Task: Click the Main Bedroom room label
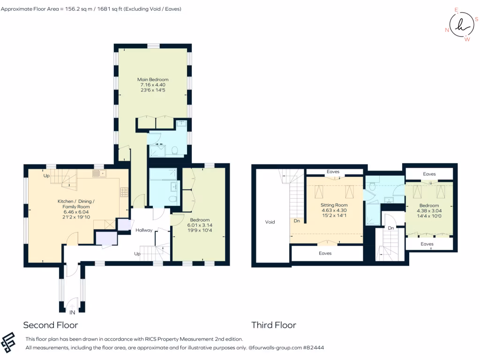click(x=153, y=79)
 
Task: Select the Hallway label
click(x=144, y=230)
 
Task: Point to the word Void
click(x=270, y=222)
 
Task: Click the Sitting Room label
click(x=334, y=205)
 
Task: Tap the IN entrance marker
click(x=72, y=312)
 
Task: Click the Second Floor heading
click(x=51, y=325)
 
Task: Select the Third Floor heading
click(x=274, y=325)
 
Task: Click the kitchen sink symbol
click(x=99, y=174)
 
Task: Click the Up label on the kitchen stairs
click(x=46, y=176)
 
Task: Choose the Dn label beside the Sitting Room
click(x=297, y=220)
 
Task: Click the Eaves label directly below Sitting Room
click(x=325, y=253)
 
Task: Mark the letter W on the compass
click(x=466, y=39)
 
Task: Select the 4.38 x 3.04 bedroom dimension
click(x=429, y=211)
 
